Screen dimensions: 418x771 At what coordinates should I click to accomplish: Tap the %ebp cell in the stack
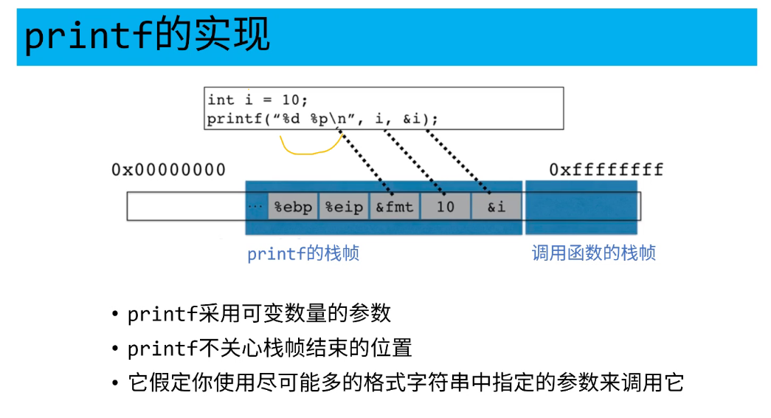[294, 207]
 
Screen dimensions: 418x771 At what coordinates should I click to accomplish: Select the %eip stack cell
[345, 207]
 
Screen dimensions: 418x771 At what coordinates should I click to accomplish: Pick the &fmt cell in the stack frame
[395, 207]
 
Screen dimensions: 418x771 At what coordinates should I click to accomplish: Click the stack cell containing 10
[445, 207]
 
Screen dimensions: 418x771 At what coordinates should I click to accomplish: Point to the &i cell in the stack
[496, 207]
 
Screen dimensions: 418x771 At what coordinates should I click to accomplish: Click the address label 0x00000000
[168, 170]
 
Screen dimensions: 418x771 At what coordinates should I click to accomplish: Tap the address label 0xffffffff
[606, 170]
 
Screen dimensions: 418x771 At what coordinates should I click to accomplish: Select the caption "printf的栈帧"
[303, 254]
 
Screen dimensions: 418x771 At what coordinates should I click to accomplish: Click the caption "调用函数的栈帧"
[593, 253]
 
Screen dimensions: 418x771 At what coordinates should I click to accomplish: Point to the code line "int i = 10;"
[257, 100]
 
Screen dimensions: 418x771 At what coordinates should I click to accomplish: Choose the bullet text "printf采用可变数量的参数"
[258, 313]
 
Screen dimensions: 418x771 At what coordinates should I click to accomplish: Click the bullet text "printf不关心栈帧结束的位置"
[269, 348]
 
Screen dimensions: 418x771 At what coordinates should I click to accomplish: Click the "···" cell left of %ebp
[255, 207]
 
